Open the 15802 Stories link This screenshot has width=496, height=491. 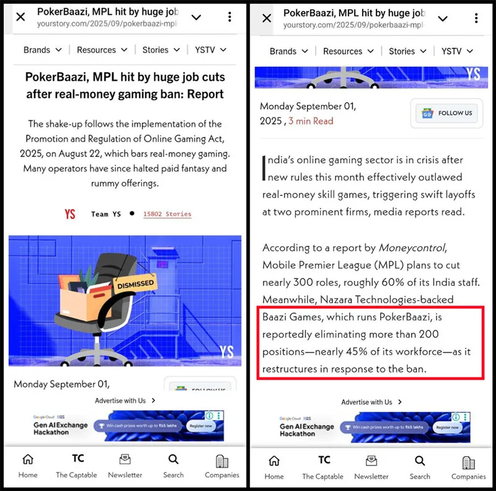[x=167, y=214]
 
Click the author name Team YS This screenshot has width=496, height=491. [x=106, y=214]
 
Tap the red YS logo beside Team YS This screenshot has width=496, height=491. [x=69, y=214]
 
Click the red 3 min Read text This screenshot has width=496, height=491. [x=311, y=122]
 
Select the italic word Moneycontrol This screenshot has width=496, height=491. [x=412, y=247]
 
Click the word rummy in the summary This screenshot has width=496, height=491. [x=106, y=183]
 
